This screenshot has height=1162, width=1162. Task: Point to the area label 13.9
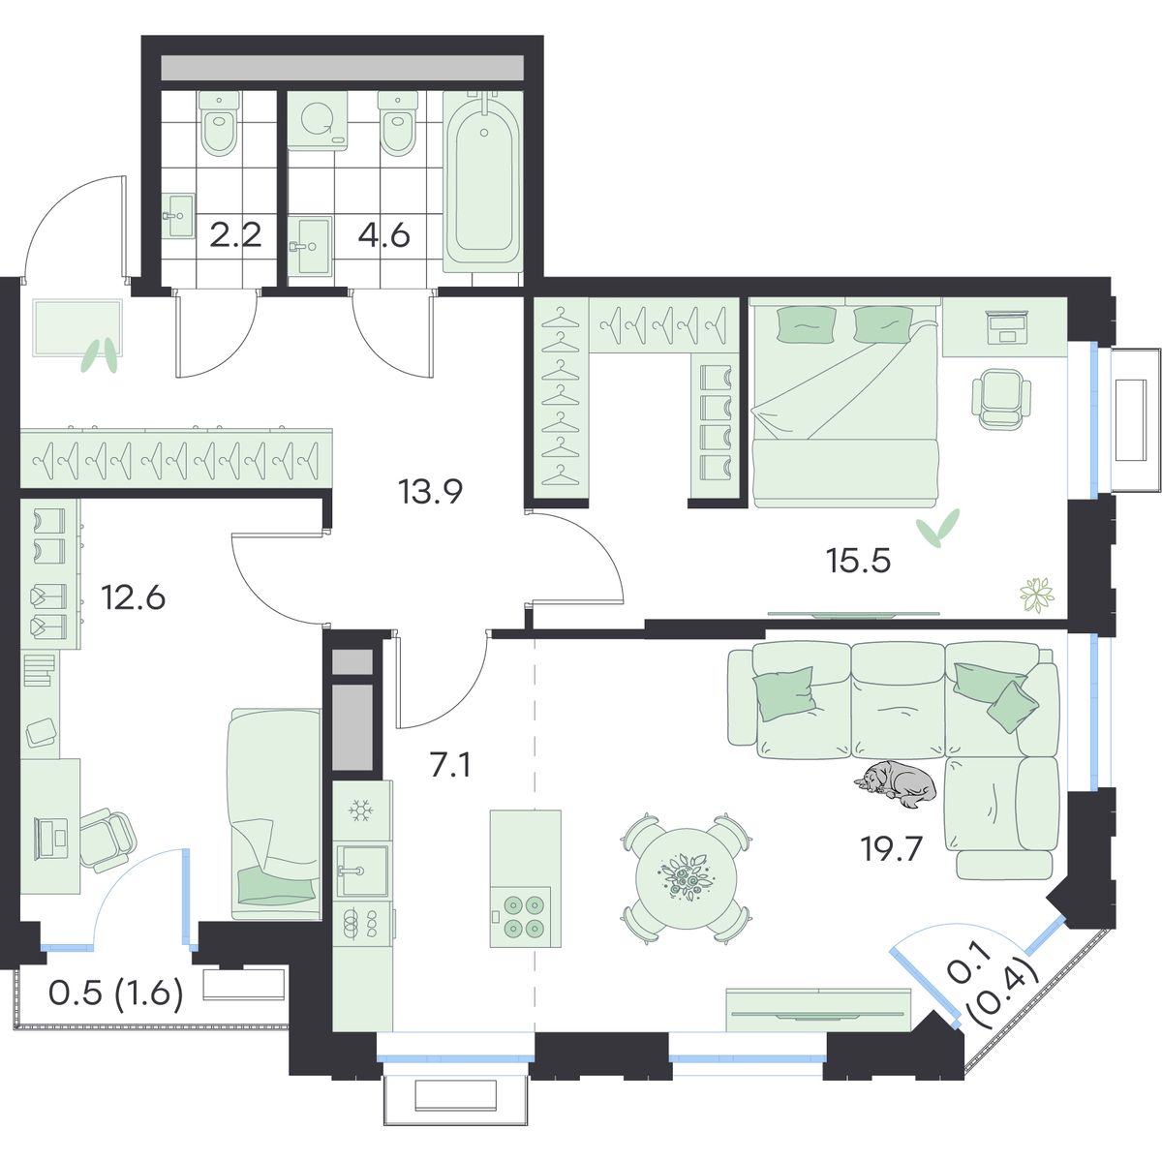point(430,492)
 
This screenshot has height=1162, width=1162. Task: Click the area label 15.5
point(858,561)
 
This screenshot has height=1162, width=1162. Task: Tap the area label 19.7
point(891,850)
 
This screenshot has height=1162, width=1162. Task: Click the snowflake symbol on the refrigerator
point(361,810)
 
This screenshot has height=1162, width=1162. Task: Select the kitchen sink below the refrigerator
point(362,870)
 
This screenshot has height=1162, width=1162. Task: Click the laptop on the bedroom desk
point(1008,328)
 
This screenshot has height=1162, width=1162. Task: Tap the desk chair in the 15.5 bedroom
point(1000,398)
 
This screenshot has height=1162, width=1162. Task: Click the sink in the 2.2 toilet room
point(178,215)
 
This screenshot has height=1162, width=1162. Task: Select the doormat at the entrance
point(77,328)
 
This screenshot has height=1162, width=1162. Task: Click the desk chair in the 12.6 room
point(108,840)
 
